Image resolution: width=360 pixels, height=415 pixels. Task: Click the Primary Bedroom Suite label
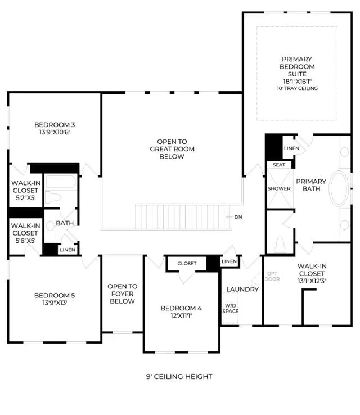297,66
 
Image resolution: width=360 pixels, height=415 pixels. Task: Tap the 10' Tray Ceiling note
297,88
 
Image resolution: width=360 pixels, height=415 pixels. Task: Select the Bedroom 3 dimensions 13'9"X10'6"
55,132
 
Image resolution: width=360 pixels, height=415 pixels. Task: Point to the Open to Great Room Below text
172,149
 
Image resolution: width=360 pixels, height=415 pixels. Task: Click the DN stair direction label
238,217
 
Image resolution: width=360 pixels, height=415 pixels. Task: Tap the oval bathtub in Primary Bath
339,188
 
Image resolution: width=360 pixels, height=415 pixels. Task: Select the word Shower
279,188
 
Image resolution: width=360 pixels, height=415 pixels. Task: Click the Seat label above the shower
279,165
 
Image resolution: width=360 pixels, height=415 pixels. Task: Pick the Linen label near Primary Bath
291,148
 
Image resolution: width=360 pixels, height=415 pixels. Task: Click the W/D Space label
230,309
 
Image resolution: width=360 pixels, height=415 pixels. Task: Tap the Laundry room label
242,290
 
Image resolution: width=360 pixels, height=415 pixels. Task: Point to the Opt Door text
272,276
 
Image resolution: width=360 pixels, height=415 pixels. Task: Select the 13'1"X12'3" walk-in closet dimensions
312,281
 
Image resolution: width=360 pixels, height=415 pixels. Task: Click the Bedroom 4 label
181,308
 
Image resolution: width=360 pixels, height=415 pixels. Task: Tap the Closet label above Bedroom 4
187,264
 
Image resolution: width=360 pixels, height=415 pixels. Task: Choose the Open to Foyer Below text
122,294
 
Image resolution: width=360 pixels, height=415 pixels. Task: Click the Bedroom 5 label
55,295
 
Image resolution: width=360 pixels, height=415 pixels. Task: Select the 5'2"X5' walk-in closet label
25,198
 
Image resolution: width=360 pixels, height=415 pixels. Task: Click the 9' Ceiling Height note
179,377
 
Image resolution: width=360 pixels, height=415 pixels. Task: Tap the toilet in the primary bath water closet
280,245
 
